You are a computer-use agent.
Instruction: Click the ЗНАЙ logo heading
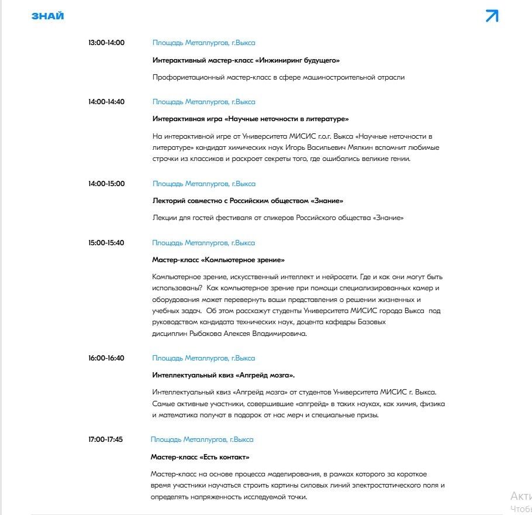(x=47, y=16)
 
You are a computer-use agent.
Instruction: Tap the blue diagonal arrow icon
(x=492, y=16)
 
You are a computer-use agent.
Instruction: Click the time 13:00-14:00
(x=106, y=43)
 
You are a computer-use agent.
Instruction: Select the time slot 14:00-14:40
(x=106, y=102)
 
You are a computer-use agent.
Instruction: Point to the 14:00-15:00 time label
(x=106, y=184)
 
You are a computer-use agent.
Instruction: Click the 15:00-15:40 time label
(x=106, y=243)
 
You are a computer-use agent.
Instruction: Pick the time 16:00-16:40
(x=106, y=358)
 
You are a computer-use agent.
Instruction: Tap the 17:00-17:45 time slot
(x=105, y=440)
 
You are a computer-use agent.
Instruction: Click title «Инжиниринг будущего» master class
(x=246, y=60)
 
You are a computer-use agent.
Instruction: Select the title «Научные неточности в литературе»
(x=250, y=119)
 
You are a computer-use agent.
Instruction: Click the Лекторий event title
(x=248, y=201)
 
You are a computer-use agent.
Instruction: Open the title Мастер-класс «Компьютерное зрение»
(x=218, y=260)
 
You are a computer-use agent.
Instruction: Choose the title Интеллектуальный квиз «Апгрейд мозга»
(x=223, y=375)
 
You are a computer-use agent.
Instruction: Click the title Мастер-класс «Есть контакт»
(x=200, y=457)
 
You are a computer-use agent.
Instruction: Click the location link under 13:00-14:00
(x=203, y=43)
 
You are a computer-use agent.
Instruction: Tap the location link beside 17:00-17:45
(x=202, y=440)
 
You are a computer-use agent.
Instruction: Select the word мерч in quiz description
(x=310, y=416)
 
